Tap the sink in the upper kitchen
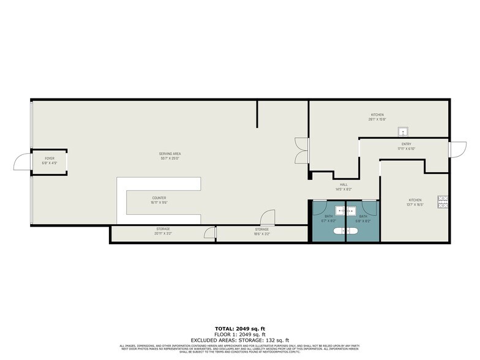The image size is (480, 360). coord(403,131)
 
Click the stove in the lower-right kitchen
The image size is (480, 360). coord(442,201)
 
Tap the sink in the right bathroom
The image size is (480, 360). coord(352,211)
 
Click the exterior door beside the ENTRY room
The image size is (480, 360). coord(456,150)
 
